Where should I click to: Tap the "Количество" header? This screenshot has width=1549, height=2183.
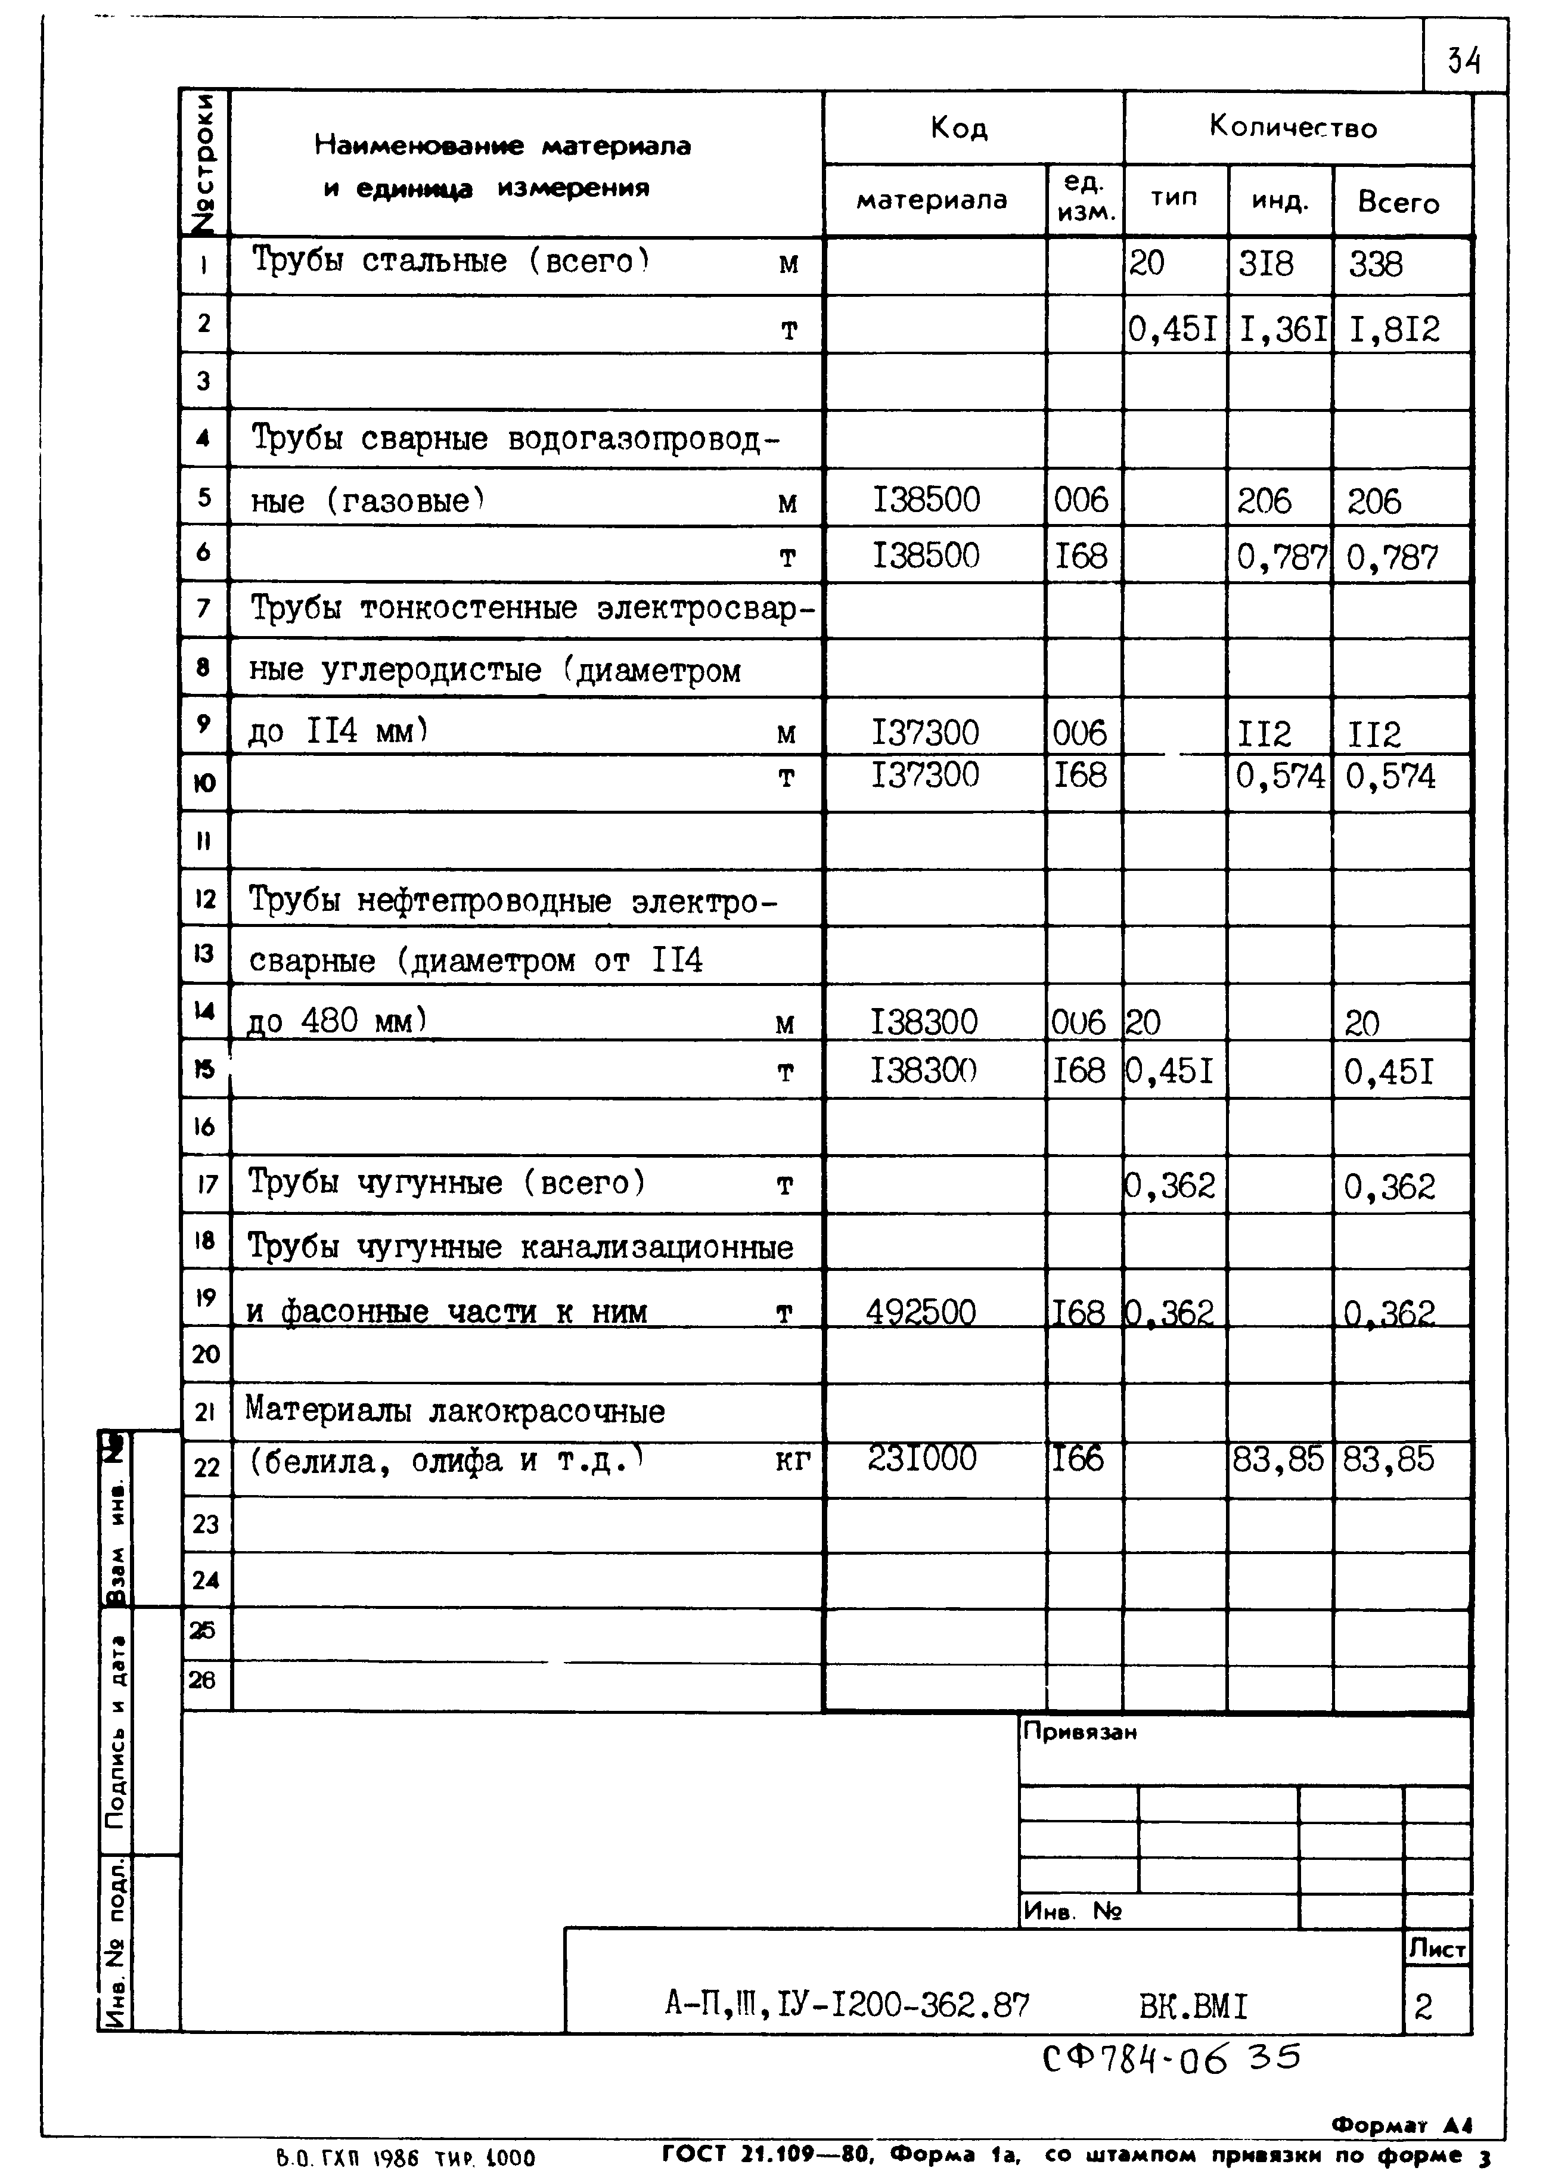[x=1293, y=127]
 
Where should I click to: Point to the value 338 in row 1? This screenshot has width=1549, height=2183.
[x=1376, y=264]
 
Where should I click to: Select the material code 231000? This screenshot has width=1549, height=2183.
[x=921, y=1458]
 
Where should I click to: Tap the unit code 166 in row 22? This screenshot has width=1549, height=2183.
[x=1078, y=1458]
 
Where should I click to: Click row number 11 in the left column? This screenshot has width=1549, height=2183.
[x=204, y=842]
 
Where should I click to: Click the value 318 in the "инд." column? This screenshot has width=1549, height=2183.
[x=1266, y=264]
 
